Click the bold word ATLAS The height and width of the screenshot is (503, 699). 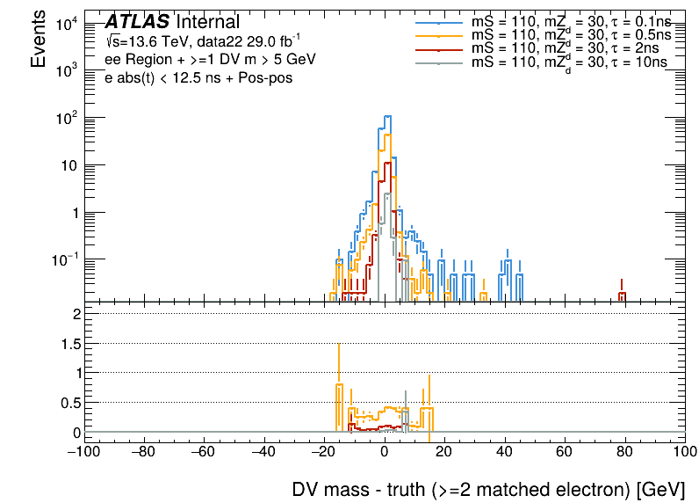[x=137, y=23]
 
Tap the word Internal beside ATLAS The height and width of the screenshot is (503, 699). [x=207, y=23]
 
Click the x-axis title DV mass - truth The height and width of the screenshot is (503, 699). [x=487, y=489]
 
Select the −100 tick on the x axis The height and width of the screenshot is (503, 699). [x=83, y=452]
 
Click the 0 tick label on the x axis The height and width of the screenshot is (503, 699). [x=384, y=452]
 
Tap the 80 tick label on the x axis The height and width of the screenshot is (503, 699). [x=624, y=452]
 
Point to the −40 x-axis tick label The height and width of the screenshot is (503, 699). [x=263, y=452]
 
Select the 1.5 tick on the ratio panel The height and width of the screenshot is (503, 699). [x=69, y=343]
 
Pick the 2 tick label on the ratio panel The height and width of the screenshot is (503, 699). [x=76, y=314]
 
